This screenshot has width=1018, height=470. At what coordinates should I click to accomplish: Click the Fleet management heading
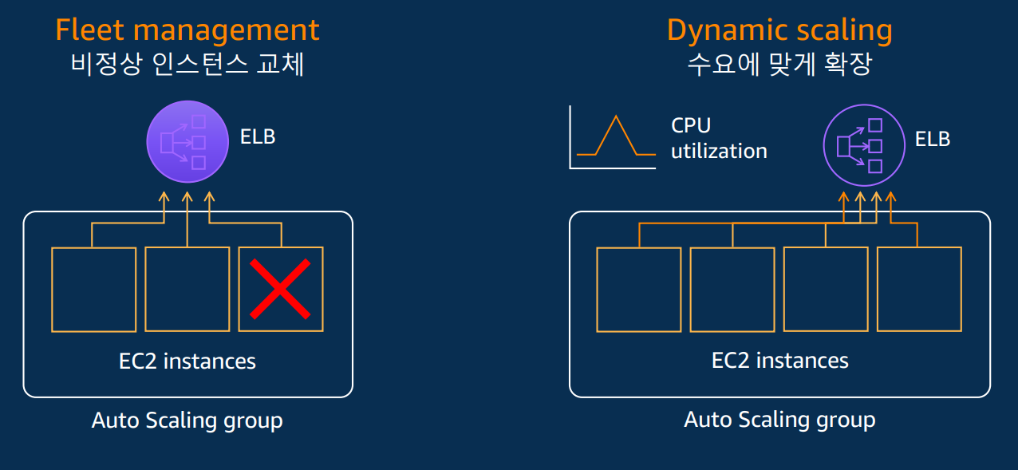[x=187, y=30]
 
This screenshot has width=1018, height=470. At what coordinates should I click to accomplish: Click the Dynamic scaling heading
[x=779, y=30]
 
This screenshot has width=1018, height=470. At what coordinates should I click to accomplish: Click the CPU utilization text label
[x=718, y=138]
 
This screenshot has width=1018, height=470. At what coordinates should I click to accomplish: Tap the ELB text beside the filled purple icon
[x=258, y=136]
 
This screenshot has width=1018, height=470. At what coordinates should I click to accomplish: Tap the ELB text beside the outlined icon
[x=933, y=139]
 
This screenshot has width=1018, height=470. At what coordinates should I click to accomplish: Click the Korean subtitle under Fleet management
[x=187, y=65]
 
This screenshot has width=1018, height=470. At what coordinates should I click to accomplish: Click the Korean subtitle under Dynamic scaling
[x=779, y=65]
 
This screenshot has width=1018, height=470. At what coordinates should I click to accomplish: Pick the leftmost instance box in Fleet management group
[x=93, y=289]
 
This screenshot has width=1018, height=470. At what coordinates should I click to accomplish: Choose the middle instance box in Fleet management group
[x=187, y=289]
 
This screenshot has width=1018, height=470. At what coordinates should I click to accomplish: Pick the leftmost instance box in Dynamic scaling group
[x=639, y=289]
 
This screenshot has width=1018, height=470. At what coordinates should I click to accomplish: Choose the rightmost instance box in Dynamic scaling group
[x=919, y=289]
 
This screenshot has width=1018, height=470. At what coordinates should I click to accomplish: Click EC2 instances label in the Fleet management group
[x=187, y=361]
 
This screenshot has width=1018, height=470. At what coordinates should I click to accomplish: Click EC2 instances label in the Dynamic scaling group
[x=779, y=361]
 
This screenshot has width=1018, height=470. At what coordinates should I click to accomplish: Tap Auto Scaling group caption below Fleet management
[x=187, y=420]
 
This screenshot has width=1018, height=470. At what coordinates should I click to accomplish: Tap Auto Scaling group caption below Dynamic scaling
[x=779, y=420]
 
